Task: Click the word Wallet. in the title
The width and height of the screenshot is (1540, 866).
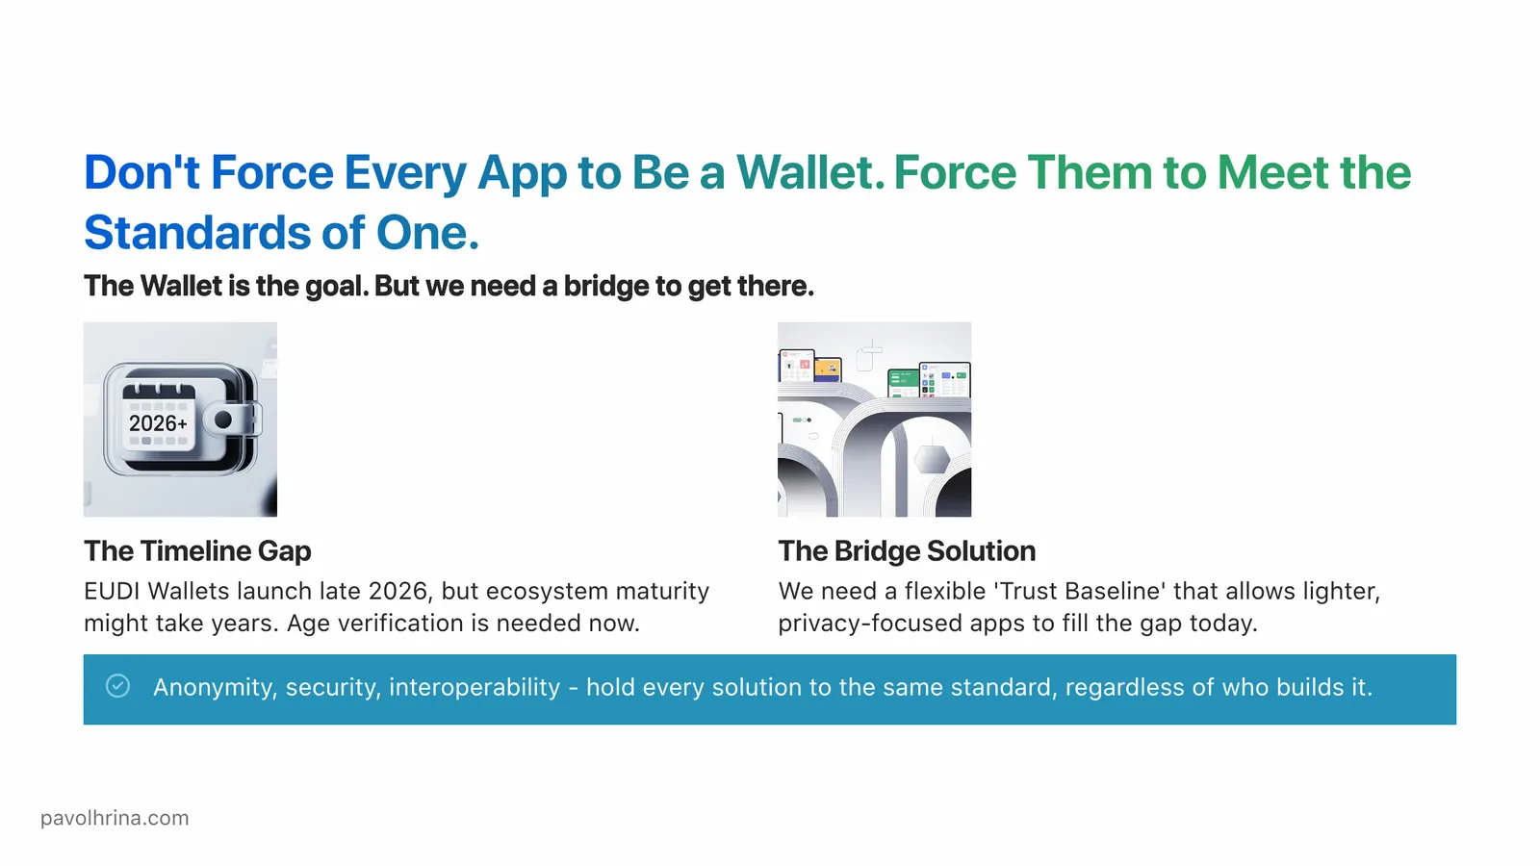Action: (810, 173)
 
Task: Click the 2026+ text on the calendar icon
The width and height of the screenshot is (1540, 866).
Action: (158, 423)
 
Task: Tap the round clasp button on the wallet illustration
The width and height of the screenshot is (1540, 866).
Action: (223, 420)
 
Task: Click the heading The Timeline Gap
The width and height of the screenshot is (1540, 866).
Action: (197, 550)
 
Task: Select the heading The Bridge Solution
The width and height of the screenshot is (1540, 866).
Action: (907, 550)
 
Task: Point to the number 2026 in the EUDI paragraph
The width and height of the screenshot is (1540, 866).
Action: (398, 591)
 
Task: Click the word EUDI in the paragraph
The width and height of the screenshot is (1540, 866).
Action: (112, 591)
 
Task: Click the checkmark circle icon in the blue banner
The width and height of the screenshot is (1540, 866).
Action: (117, 685)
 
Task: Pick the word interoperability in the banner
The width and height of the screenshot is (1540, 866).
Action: (475, 687)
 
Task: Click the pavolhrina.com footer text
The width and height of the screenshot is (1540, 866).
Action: (115, 818)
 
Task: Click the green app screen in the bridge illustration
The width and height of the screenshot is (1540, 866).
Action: (902, 382)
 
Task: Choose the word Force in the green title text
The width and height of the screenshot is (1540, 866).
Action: (955, 173)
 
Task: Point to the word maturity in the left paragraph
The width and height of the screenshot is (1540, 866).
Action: (662, 591)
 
